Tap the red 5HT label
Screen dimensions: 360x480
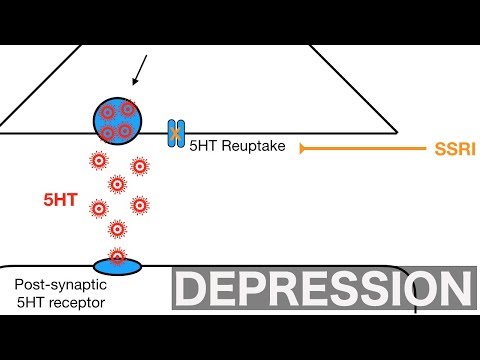(59, 200)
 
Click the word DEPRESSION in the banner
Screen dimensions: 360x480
(321, 290)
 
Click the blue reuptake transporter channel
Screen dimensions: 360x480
(176, 132)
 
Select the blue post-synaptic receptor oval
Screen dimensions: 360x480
(118, 264)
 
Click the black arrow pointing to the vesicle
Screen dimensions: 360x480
(140, 69)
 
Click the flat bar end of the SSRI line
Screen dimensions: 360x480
(302, 148)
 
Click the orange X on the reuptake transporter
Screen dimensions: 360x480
(176, 131)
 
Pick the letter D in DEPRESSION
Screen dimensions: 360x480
(192, 290)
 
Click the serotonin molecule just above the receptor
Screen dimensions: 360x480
(117, 229)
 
